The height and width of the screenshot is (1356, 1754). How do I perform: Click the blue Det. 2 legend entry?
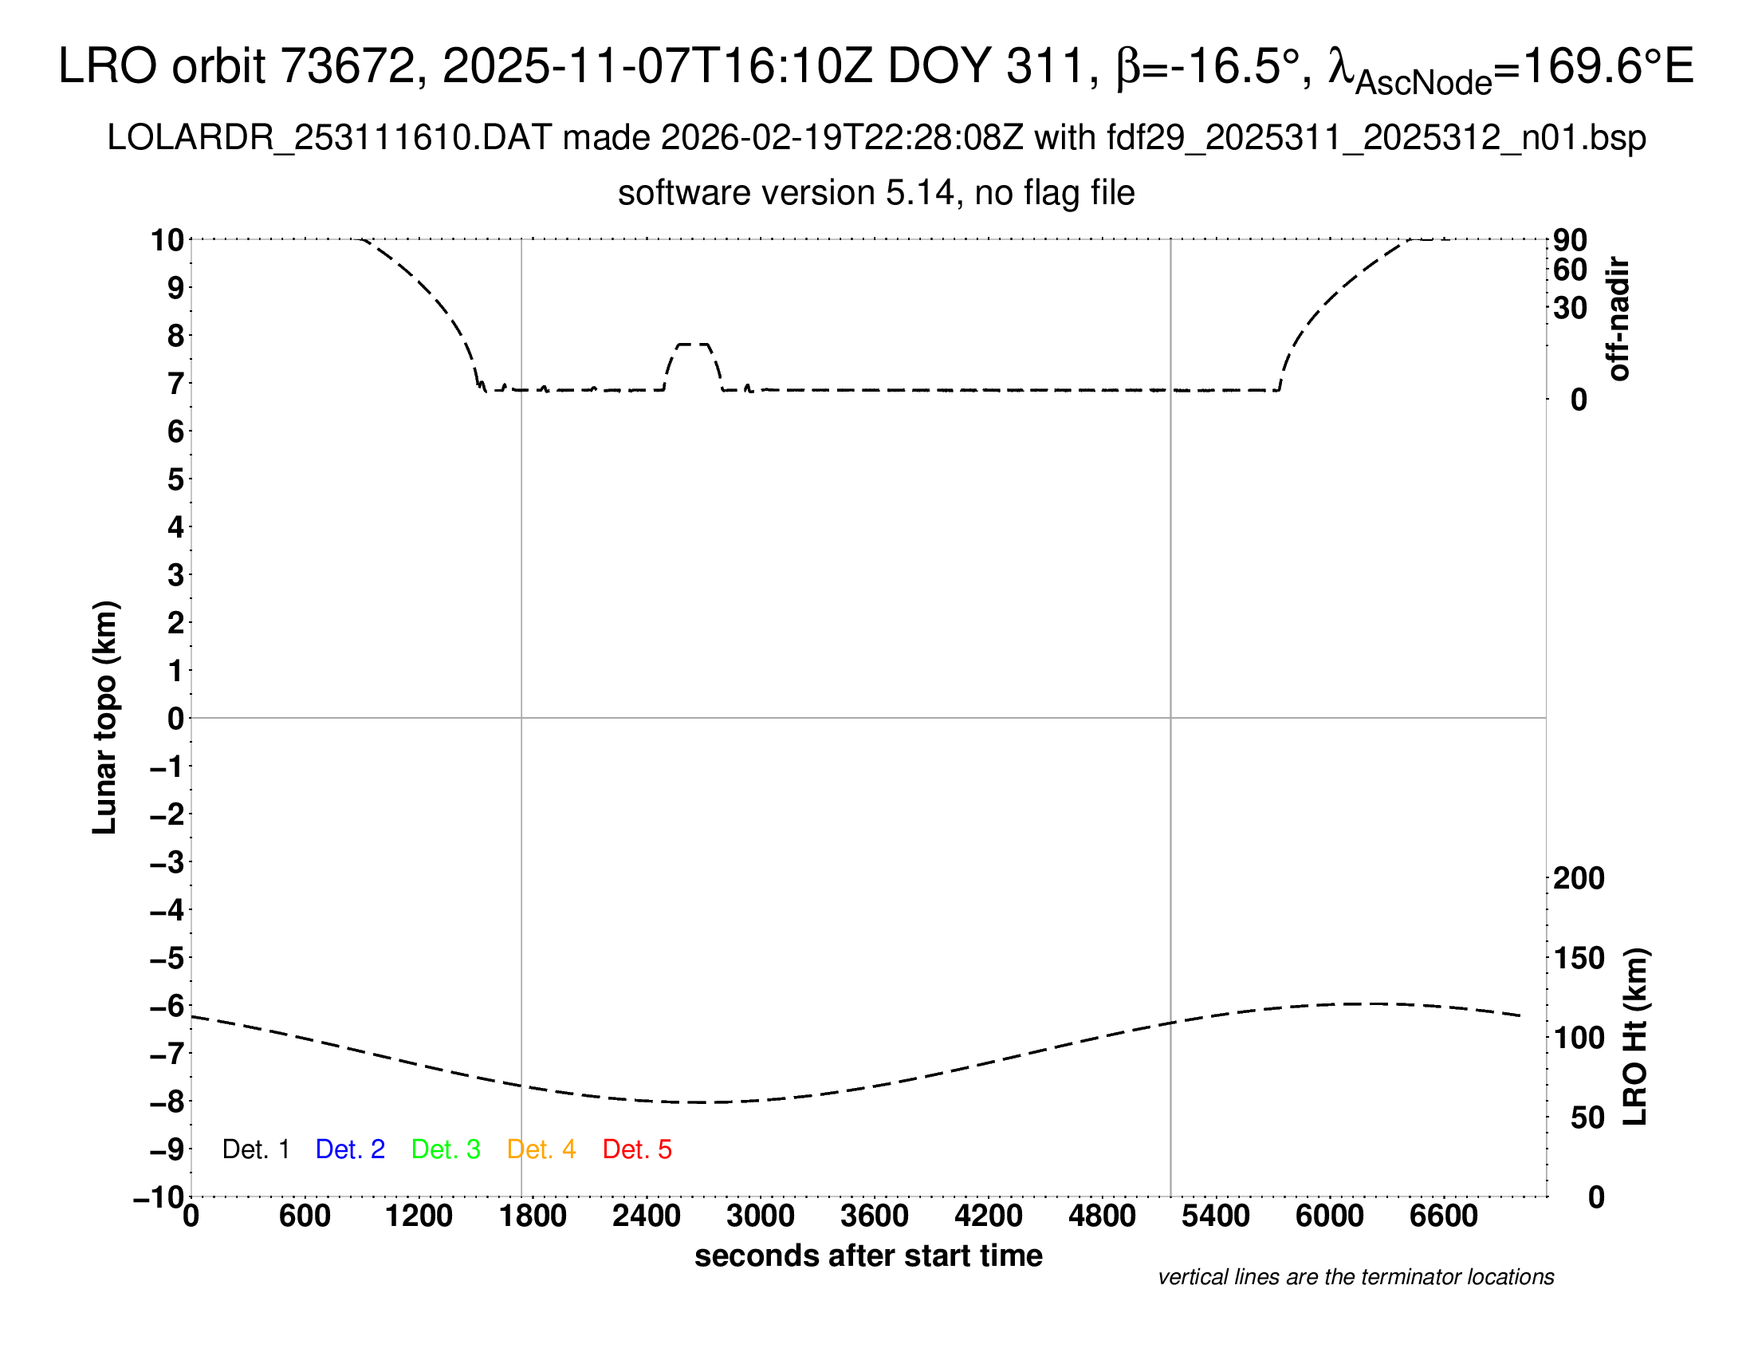point(350,1149)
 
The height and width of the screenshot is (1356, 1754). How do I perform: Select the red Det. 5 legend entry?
point(637,1149)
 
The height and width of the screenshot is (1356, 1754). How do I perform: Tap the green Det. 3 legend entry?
point(446,1149)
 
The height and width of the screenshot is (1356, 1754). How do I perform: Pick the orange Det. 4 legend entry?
point(541,1149)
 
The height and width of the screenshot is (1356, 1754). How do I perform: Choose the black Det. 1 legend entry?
point(255,1149)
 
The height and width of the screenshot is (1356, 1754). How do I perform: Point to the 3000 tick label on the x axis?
point(761,1216)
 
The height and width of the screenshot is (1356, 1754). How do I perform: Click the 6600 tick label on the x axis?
point(1443,1216)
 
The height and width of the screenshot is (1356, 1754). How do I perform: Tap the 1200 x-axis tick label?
point(419,1216)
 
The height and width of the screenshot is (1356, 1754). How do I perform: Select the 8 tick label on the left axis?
point(176,336)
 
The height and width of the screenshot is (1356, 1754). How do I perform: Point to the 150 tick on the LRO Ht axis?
point(1579,958)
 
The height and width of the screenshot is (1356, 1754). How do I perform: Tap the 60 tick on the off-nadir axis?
point(1570,270)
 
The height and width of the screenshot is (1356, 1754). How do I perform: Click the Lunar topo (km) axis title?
point(105,717)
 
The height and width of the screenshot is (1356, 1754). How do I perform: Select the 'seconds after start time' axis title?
point(868,1255)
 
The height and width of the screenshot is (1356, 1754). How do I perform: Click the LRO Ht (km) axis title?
point(1635,1037)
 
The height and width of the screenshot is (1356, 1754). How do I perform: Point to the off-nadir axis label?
point(1619,319)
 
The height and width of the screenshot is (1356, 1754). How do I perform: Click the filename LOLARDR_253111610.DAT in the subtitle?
point(329,138)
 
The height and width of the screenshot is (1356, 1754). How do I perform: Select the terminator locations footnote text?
point(1355,1277)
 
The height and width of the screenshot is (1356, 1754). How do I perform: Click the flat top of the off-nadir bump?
point(693,345)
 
